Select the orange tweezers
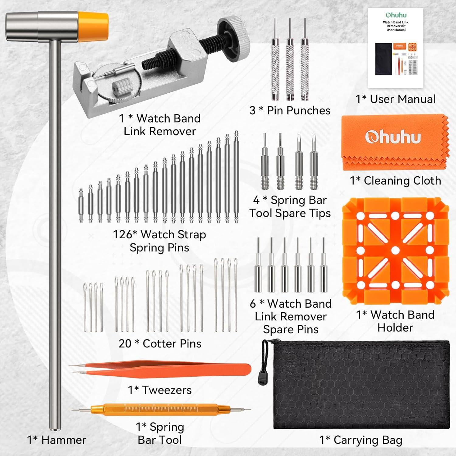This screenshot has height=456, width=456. click(160, 369)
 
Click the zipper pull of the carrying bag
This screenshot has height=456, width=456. click(260, 376)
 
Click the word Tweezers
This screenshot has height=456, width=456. click(167, 390)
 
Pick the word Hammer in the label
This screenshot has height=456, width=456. click(64, 440)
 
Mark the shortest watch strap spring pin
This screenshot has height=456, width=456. click(81, 206)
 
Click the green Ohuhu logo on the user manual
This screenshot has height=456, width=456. click(396, 15)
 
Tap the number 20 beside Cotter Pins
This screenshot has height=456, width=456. click(125, 344)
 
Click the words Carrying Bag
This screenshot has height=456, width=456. click(368, 440)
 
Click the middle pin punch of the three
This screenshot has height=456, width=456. click(290, 59)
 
